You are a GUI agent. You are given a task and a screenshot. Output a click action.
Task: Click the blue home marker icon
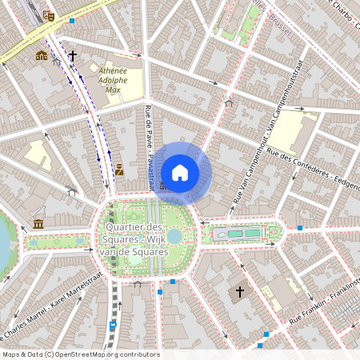coord(180,173)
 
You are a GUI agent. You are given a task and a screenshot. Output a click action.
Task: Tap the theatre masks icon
coord(48,15)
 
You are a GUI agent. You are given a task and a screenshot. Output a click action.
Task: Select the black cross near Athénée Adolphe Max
coord(73,56)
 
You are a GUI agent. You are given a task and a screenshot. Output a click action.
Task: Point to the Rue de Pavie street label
coord(150,148)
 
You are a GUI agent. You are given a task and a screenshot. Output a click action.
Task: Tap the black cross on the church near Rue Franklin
coord(238,293)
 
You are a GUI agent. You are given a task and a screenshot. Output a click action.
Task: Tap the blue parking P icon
coord(113,324)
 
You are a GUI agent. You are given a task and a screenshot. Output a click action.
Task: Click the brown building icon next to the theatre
coord(41,56)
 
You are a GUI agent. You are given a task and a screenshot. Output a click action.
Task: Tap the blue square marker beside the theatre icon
coord(73,21)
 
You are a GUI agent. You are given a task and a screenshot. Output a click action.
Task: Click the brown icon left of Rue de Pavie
coord(119,170)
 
